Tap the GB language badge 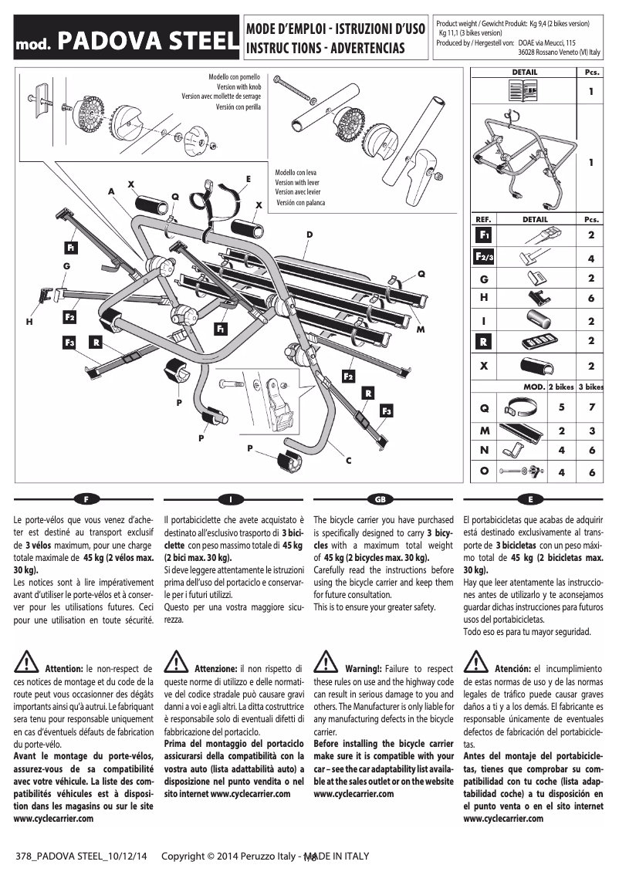click(x=379, y=498)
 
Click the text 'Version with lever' click(x=297, y=182)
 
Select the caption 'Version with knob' click(x=238, y=87)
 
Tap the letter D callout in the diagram click(x=309, y=234)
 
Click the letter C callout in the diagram click(x=348, y=461)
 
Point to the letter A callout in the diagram click(x=111, y=190)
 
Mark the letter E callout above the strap click(x=248, y=178)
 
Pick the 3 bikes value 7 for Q click(x=591, y=407)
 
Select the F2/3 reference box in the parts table click(x=484, y=255)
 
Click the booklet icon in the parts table click(x=525, y=93)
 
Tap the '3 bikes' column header click(x=591, y=387)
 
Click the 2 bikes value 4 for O click(x=561, y=471)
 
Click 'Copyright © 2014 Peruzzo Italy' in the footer click(x=231, y=856)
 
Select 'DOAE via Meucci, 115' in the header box click(x=547, y=44)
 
